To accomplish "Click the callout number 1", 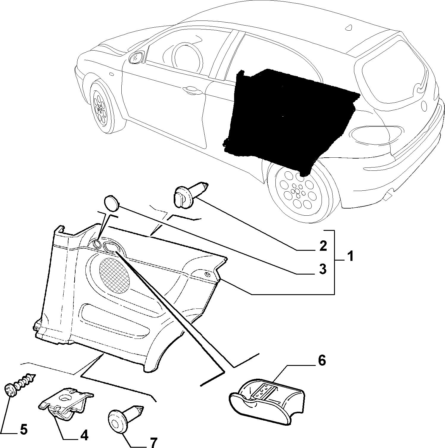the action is (351, 256).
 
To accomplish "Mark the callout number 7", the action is (153, 442).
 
